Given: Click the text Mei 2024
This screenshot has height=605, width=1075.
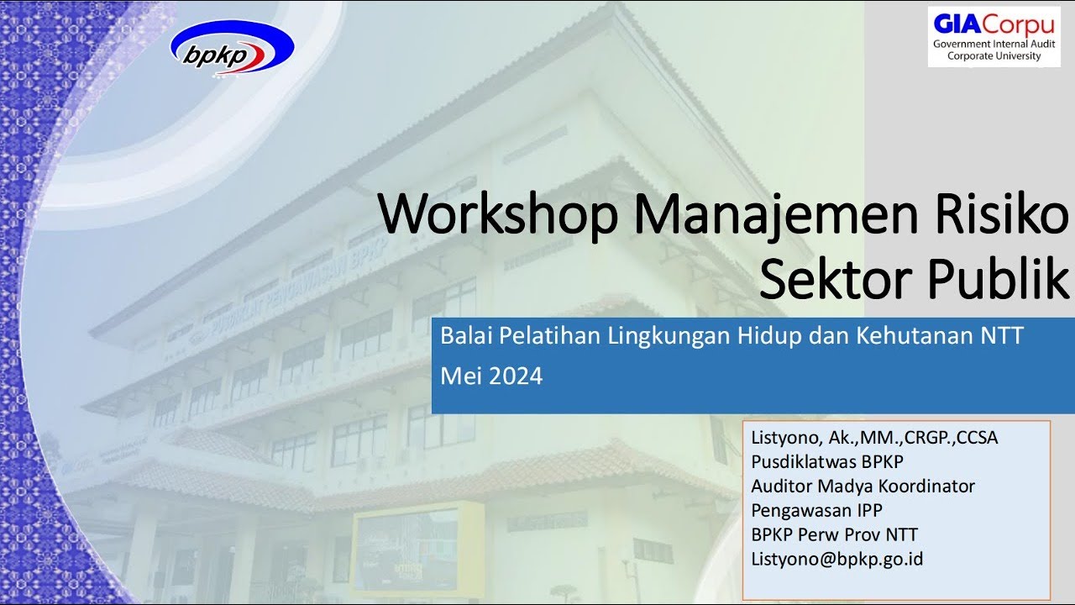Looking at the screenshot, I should click(x=491, y=376).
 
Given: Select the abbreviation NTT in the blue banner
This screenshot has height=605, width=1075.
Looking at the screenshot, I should click(x=1002, y=336).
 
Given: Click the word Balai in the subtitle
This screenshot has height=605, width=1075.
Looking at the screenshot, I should click(x=466, y=336).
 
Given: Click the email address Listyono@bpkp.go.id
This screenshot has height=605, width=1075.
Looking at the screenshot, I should click(x=836, y=559).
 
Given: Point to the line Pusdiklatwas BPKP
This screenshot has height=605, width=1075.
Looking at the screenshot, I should click(x=826, y=461).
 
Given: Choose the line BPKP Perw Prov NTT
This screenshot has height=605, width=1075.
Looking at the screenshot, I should click(x=834, y=534).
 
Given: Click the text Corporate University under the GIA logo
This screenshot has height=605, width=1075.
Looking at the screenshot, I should click(x=994, y=56).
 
